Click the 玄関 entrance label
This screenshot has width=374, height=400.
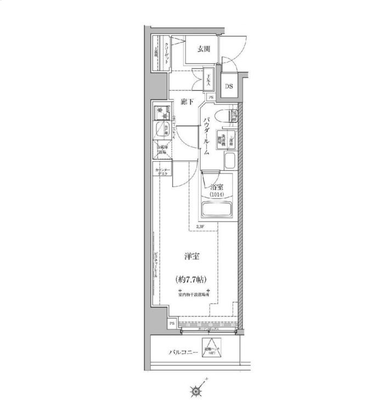[203, 49]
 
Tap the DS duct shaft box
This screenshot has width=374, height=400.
[229, 86]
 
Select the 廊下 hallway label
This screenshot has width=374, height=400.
[188, 102]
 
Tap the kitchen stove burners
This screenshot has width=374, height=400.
[161, 111]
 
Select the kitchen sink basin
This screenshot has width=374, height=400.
[161, 131]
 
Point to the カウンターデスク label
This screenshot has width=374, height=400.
[163, 171]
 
